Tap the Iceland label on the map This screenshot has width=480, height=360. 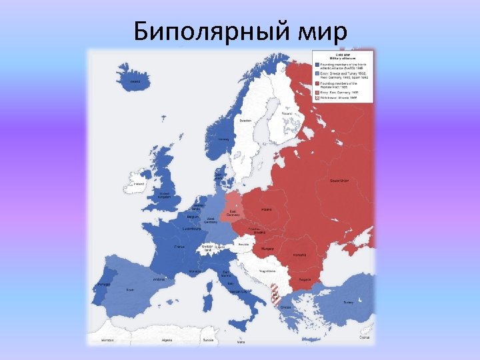135,82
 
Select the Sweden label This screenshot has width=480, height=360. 245,120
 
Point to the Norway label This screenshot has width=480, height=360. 224,139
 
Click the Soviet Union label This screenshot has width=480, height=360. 340,181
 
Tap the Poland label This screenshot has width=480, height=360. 267,208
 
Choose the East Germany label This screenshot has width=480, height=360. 233,213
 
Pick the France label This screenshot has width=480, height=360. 179,247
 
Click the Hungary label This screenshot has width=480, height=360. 267,248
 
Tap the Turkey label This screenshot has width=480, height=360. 348,301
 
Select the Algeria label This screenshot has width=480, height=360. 167,340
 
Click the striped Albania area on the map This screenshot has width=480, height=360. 274,294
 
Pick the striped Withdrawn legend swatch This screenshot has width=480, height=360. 317,97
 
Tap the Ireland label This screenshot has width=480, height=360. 139,184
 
